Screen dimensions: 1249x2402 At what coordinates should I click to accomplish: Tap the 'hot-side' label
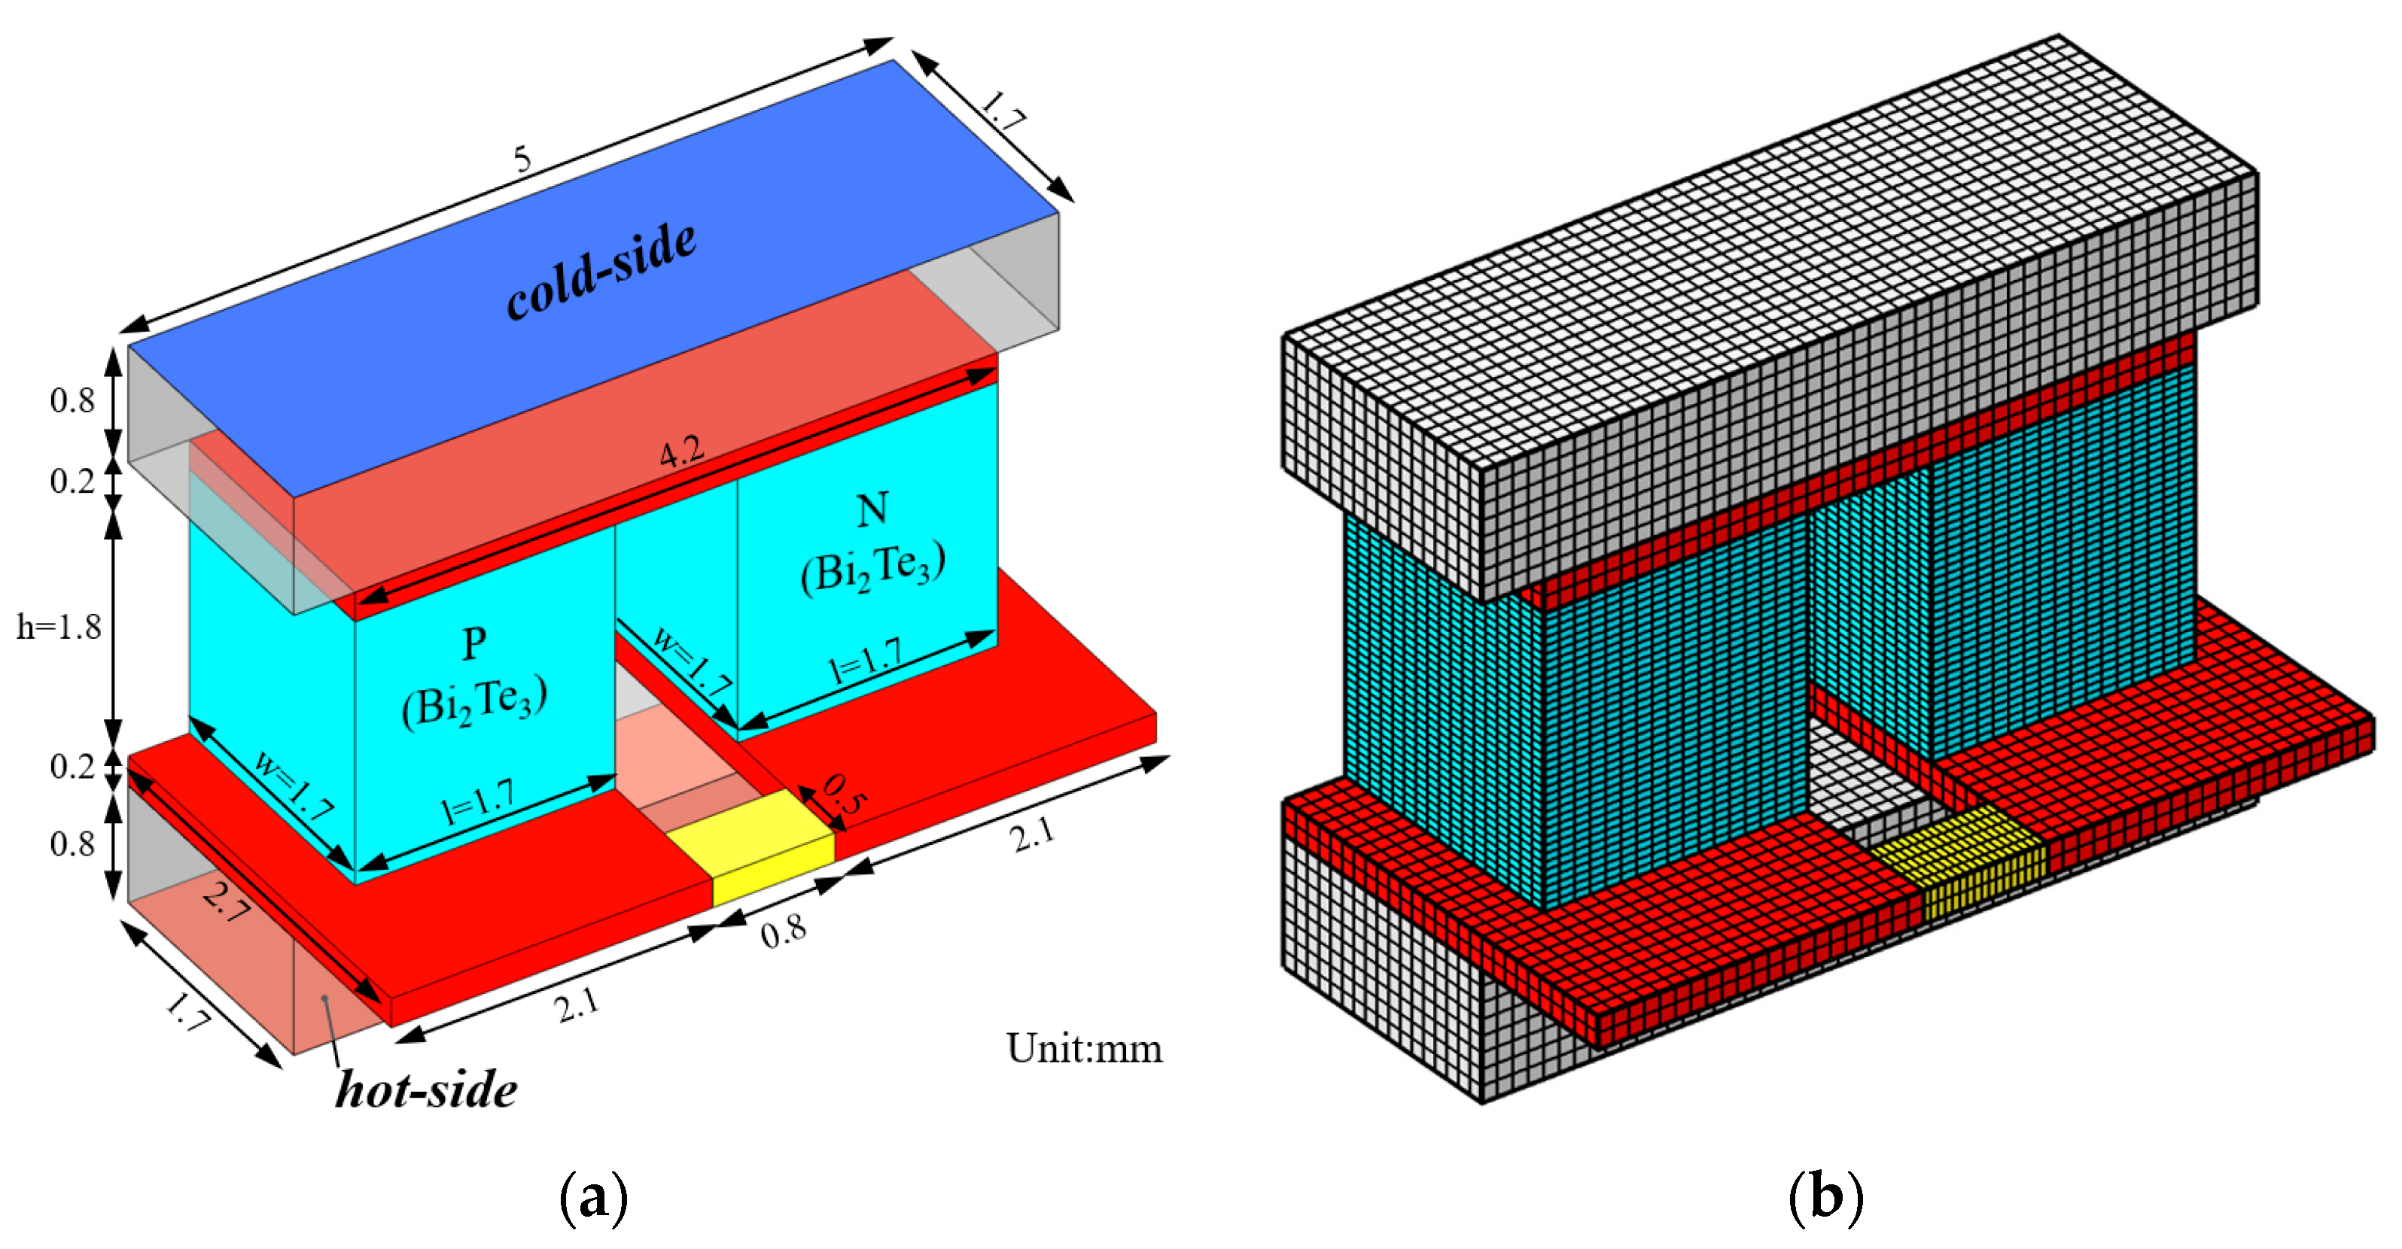pos(426,1089)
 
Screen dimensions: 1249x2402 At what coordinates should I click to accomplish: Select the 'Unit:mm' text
pos(1083,1049)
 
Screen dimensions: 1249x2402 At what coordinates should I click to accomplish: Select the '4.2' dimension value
pos(682,454)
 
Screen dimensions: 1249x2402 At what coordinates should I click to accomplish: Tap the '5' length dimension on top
pos(522,160)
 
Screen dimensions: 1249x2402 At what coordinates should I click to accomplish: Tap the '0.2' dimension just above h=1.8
pos(72,481)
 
